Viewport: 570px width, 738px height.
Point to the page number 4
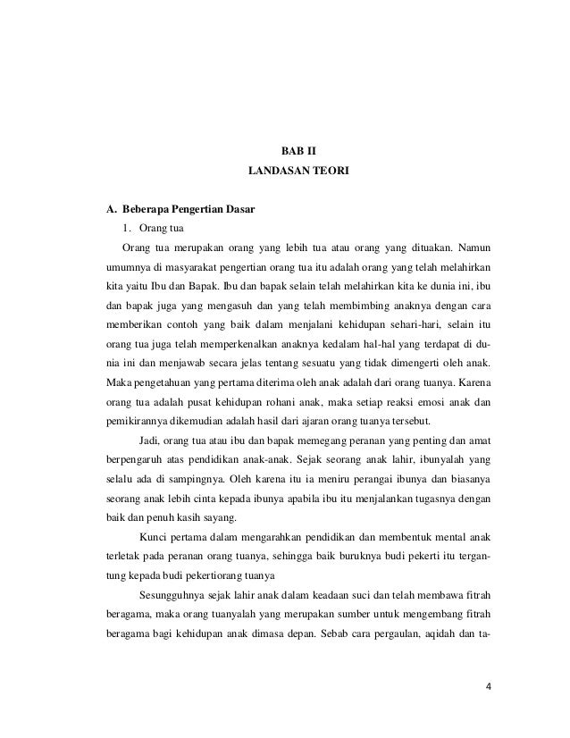[488, 686]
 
